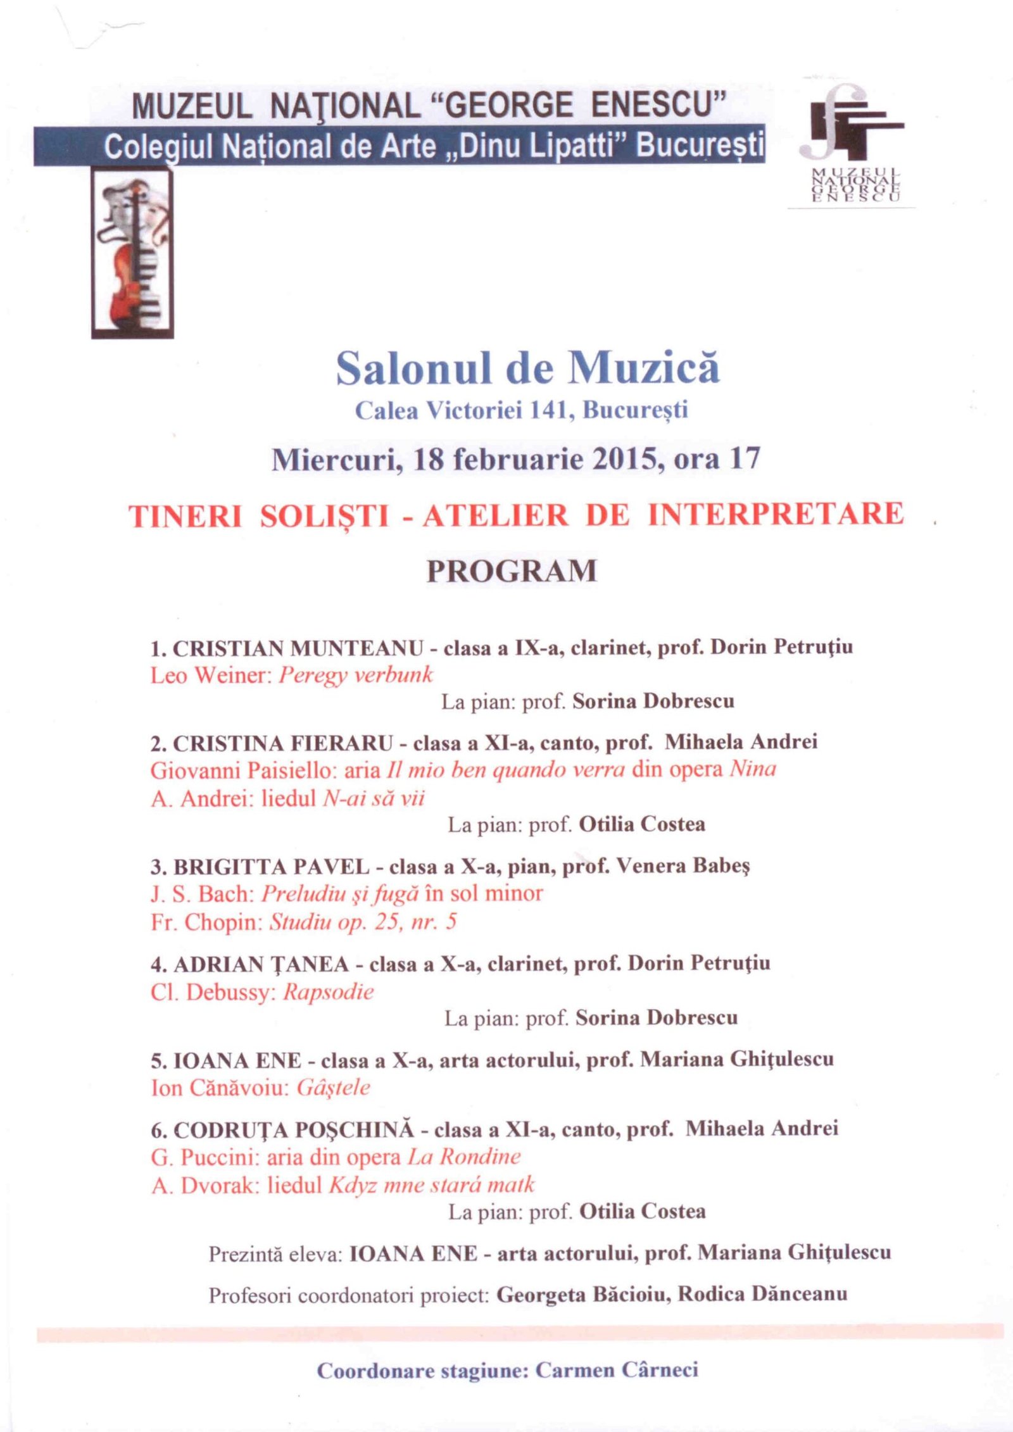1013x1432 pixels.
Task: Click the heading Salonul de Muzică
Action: pyautogui.click(x=527, y=368)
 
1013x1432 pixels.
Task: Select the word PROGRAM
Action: pyautogui.click(x=512, y=570)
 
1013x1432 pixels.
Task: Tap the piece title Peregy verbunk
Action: pyautogui.click(x=356, y=675)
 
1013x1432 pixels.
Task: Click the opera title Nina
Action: pyautogui.click(x=753, y=770)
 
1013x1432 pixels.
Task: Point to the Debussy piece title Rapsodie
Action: pyautogui.click(x=328, y=991)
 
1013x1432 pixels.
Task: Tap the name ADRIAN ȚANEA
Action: pyautogui.click(x=261, y=964)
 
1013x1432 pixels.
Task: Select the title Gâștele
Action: pyautogui.click(x=333, y=1088)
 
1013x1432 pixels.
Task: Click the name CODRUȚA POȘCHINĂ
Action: pyautogui.click(x=293, y=1129)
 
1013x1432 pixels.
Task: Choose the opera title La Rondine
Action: pyautogui.click(x=464, y=1157)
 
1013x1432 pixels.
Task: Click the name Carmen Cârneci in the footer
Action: pyautogui.click(x=617, y=1371)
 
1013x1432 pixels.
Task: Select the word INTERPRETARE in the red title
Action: pyautogui.click(x=776, y=513)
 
